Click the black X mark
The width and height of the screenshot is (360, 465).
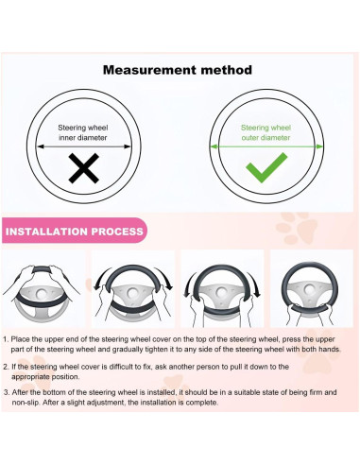click(83, 168)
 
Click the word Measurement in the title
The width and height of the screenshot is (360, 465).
click(149, 70)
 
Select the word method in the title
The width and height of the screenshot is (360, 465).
click(227, 70)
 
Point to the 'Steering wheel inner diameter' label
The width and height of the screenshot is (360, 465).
click(83, 132)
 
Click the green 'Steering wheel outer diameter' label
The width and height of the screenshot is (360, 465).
click(266, 132)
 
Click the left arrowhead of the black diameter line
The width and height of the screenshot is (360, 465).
click(40, 146)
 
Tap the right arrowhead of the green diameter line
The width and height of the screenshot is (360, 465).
click(319, 146)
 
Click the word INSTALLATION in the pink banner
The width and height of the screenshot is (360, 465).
click(46, 232)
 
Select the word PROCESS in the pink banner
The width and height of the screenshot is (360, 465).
click(117, 232)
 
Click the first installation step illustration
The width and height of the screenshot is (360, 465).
click(43, 288)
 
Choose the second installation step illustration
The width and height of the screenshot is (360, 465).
click(133, 288)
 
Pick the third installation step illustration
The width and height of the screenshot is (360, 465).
click(222, 288)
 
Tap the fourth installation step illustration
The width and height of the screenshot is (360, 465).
click(312, 288)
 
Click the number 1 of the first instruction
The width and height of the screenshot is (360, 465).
click(6, 339)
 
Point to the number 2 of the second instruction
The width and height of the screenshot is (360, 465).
click(6, 367)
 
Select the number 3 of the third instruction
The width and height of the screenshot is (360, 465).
click(7, 392)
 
